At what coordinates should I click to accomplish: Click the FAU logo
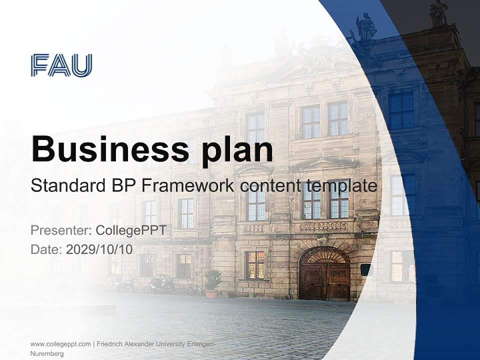(x=61, y=65)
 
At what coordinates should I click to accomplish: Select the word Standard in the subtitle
(x=66, y=185)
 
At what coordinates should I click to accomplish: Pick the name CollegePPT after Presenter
(x=130, y=230)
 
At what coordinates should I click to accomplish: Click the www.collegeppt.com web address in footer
(x=60, y=344)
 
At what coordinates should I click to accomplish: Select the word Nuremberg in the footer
(x=47, y=353)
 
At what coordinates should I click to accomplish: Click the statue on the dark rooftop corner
(x=438, y=13)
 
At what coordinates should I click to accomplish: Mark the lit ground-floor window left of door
(x=255, y=264)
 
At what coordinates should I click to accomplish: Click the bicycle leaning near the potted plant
(x=194, y=288)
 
